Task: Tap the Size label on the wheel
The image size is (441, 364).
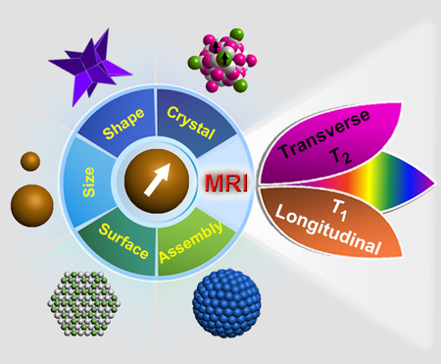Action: click(x=89, y=182)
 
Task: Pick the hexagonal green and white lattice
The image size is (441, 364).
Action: click(x=82, y=303)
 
